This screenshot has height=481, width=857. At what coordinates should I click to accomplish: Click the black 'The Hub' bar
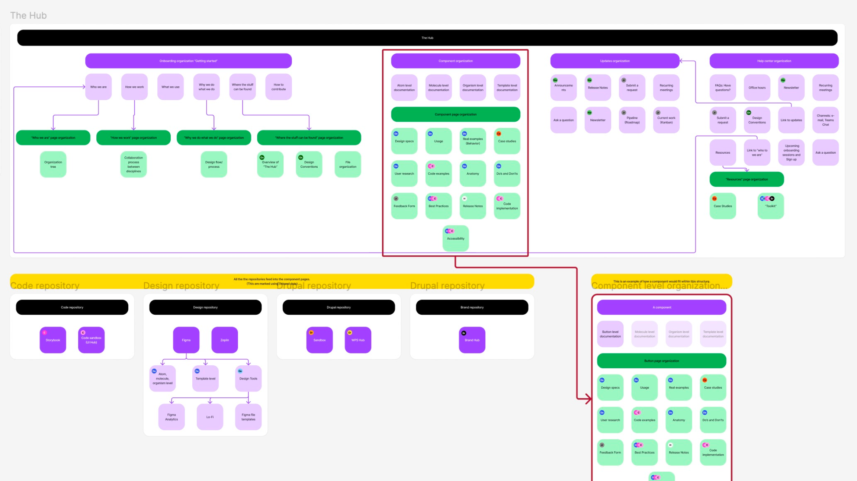tap(427, 38)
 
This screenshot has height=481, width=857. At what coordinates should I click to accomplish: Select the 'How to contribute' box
tap(279, 87)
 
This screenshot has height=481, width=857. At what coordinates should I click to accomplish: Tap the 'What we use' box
tap(170, 87)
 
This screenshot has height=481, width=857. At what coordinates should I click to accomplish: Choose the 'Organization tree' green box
tap(53, 164)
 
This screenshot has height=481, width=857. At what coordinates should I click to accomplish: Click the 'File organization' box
tap(348, 164)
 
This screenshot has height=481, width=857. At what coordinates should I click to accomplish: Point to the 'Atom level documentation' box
tap(404, 88)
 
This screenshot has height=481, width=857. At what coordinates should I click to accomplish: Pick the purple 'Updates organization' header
tap(614, 61)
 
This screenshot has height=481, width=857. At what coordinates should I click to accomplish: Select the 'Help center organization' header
tap(774, 61)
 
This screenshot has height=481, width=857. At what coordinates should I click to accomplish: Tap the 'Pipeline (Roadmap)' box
tap(632, 120)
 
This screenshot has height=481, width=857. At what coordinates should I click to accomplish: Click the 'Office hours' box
tap(757, 88)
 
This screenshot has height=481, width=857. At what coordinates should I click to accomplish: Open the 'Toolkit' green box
tap(771, 206)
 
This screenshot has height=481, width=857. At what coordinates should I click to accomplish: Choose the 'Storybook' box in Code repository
tap(53, 340)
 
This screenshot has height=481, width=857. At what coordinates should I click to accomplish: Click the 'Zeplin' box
tap(225, 340)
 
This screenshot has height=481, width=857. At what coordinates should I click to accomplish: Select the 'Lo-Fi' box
tap(210, 417)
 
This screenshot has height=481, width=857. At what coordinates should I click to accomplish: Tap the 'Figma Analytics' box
tap(171, 417)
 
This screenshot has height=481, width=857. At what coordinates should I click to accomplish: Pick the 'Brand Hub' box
tap(472, 340)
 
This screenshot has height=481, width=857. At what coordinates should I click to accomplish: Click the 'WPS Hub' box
tap(358, 340)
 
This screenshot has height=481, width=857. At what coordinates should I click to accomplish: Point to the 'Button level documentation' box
tap(610, 334)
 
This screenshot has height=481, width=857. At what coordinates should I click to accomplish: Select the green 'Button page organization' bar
tap(661, 361)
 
